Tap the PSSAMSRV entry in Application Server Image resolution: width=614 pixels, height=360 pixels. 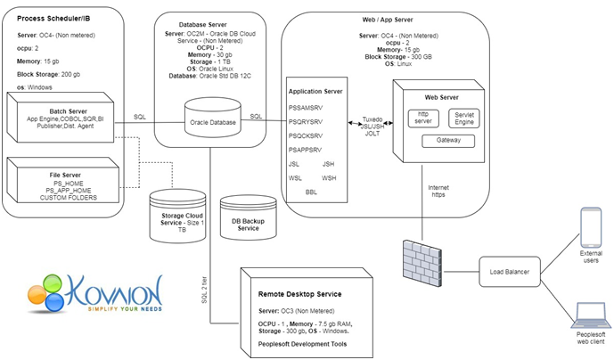305,107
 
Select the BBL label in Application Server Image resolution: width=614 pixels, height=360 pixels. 311,192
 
